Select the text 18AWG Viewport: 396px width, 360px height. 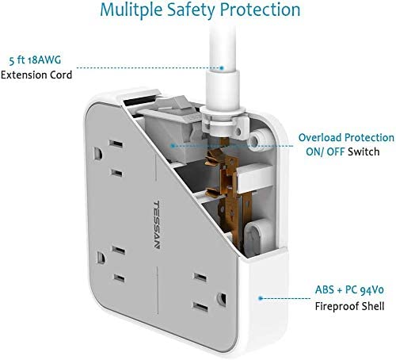(x=44, y=60)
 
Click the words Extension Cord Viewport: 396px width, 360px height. (x=36, y=75)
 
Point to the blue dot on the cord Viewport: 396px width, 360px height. (x=222, y=68)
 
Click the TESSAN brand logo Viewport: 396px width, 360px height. (x=157, y=224)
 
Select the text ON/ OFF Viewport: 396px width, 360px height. (x=326, y=151)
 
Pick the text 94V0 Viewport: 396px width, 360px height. (x=372, y=290)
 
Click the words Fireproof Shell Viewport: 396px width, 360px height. (x=349, y=306)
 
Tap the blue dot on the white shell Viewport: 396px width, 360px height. (x=261, y=298)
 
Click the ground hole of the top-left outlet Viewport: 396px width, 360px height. (x=98, y=154)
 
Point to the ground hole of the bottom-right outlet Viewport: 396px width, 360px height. (x=222, y=299)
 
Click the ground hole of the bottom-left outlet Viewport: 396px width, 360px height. (x=101, y=258)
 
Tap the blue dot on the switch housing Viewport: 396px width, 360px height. (x=173, y=146)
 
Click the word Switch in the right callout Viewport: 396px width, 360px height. (x=364, y=151)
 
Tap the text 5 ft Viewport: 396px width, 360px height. (x=17, y=60)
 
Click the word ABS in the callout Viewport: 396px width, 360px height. (x=325, y=290)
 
